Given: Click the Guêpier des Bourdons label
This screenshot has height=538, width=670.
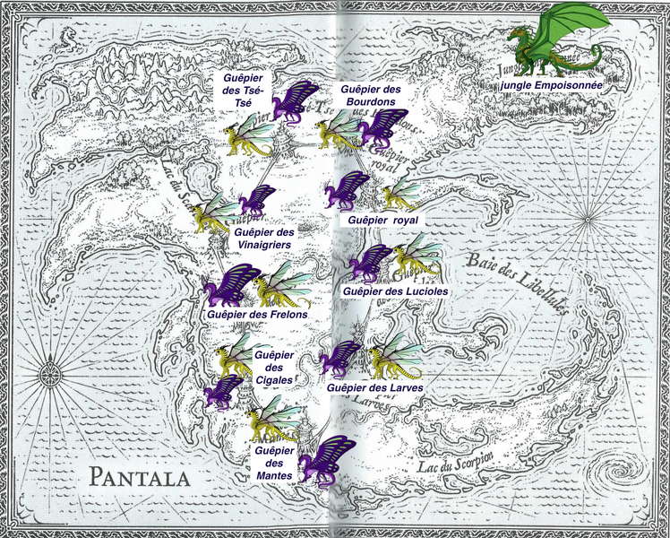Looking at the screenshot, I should pyautogui.click(x=368, y=96).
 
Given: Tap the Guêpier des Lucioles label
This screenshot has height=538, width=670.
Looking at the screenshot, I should pyautogui.click(x=395, y=291).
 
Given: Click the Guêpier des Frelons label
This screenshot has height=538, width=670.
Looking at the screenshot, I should pyautogui.click(x=257, y=315).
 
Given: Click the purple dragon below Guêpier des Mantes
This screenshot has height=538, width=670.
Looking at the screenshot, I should pyautogui.click(x=323, y=460).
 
